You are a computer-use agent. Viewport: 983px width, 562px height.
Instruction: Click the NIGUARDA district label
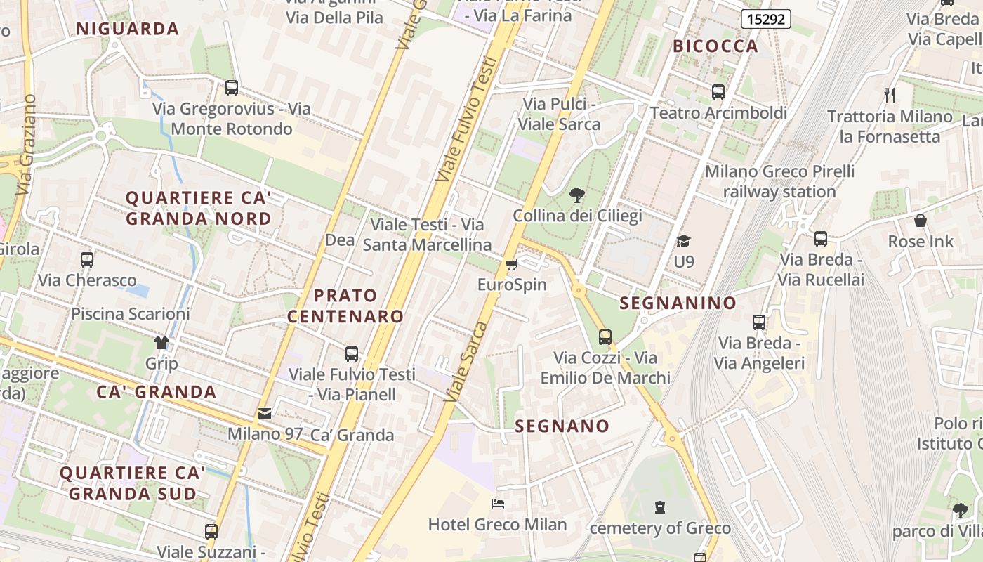(x=127, y=29)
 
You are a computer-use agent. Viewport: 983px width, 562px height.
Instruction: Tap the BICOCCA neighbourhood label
(x=715, y=46)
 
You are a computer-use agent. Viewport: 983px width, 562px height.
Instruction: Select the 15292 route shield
(x=765, y=19)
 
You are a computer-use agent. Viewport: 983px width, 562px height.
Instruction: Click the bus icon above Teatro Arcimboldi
(x=718, y=92)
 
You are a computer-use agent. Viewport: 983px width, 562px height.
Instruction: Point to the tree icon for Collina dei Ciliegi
(x=577, y=195)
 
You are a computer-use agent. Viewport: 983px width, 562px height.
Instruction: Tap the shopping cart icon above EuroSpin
(x=511, y=265)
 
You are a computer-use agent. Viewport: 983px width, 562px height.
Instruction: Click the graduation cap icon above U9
(x=683, y=242)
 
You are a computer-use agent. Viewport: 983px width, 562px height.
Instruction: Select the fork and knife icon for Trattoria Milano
(x=889, y=95)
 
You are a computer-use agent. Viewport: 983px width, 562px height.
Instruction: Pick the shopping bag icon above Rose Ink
(x=921, y=221)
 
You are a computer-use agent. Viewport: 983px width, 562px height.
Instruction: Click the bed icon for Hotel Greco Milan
(x=497, y=504)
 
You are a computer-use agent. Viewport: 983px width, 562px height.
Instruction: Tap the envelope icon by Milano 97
(x=265, y=414)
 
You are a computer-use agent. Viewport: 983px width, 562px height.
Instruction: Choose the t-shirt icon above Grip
(x=161, y=343)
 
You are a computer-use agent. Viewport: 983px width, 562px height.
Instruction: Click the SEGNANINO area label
(x=678, y=303)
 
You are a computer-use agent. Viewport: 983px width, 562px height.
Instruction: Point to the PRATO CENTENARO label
(x=345, y=306)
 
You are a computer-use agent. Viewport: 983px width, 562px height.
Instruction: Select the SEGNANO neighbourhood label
(x=562, y=426)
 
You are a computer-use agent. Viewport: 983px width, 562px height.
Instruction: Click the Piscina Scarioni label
(x=130, y=313)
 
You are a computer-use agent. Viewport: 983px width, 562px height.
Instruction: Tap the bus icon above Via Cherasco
(x=87, y=260)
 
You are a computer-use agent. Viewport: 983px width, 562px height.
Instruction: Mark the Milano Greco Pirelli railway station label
(x=779, y=181)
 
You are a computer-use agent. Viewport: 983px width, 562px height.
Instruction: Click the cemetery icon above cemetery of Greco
(x=659, y=507)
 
